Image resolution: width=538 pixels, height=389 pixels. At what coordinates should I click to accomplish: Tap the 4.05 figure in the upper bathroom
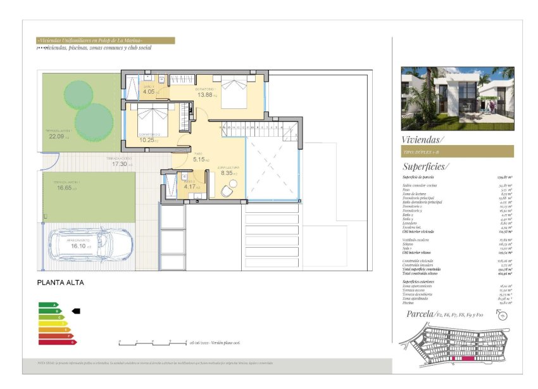tap(149, 92)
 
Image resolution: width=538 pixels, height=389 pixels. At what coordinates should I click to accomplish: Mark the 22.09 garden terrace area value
tap(58, 137)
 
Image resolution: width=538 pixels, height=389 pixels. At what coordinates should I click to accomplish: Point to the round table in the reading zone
tap(234, 184)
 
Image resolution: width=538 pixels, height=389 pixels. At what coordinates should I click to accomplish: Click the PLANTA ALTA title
tap(60, 283)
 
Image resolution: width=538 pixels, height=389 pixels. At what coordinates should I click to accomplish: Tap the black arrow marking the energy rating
tap(76, 311)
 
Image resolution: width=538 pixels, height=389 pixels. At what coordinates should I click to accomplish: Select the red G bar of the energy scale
tap(58, 342)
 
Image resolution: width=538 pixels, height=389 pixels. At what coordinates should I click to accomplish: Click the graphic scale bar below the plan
tap(152, 342)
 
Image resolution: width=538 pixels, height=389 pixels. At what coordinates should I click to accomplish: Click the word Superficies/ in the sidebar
tap(425, 167)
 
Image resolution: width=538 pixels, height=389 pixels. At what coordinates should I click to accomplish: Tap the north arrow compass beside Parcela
tap(504, 317)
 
